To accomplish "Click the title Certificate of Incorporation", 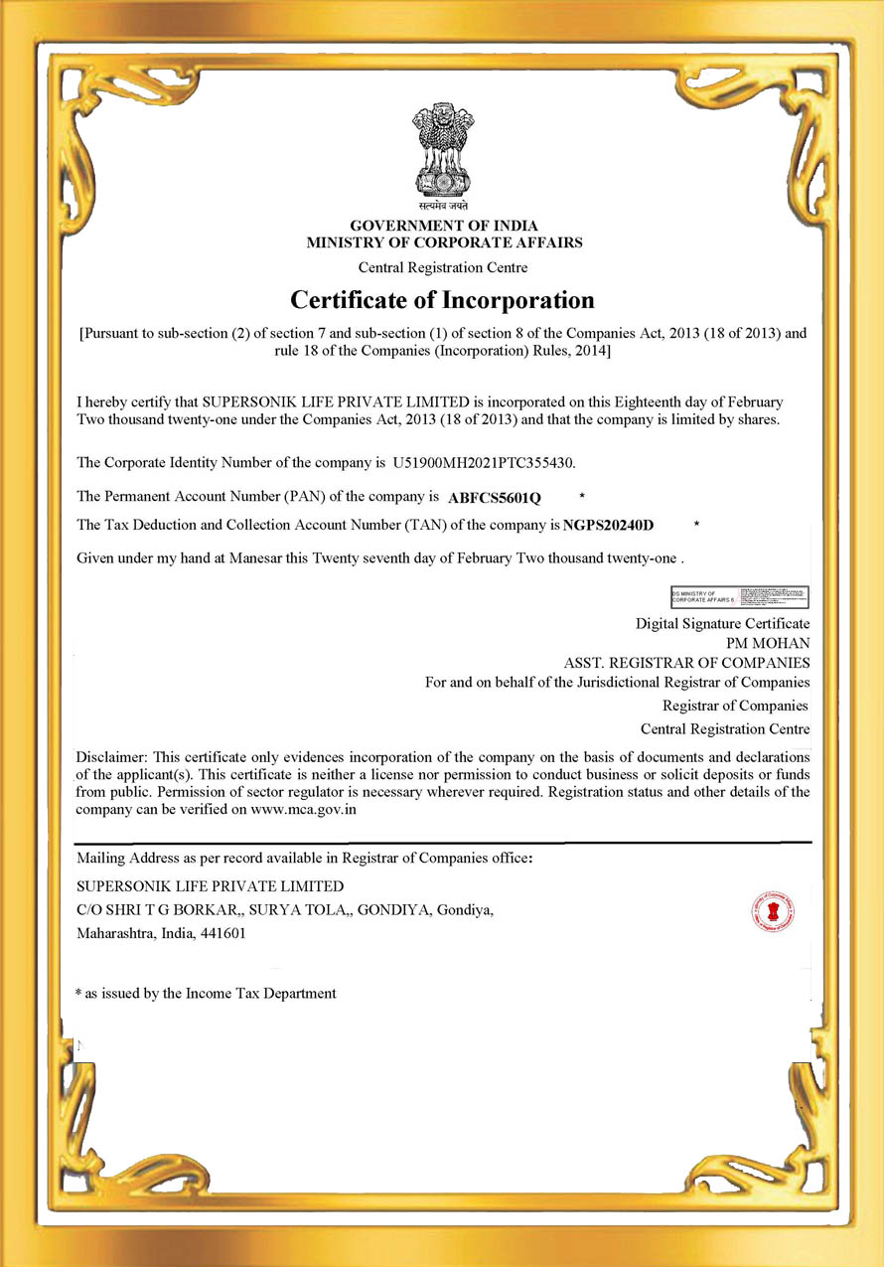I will (442, 299).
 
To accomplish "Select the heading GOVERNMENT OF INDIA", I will (444, 226).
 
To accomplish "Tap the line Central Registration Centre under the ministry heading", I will (443, 267).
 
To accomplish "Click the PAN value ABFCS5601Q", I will (495, 496).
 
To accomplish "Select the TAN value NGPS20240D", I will (609, 525).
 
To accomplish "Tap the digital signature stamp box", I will (740, 596).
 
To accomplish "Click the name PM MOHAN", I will (768, 642).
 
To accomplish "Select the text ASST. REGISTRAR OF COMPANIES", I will (686, 662).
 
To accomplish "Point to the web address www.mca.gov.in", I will (304, 810).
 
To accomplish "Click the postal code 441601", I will (224, 933).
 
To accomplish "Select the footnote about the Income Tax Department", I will (207, 993).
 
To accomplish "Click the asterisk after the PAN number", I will (582, 495).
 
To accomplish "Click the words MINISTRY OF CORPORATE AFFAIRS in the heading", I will (444, 242).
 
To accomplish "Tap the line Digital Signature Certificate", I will (722, 623).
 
